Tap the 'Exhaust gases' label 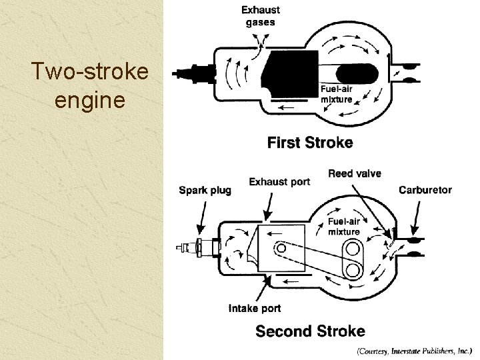click(261, 16)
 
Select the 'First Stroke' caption click(310, 142)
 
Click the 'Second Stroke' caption click(310, 331)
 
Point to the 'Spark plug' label click(205, 191)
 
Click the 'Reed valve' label click(355, 173)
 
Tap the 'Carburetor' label click(425, 190)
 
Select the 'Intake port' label click(255, 308)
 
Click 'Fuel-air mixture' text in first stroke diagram click(337, 95)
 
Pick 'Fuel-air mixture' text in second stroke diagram click(344, 227)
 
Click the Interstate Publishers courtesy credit click(414, 349)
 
